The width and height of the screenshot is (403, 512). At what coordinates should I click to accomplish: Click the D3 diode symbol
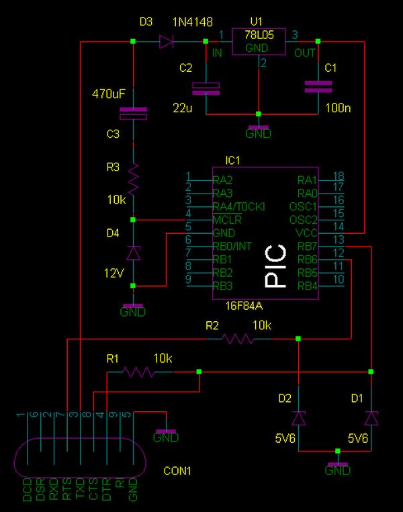coord(166,42)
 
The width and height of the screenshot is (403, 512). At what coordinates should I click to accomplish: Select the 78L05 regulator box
coord(259,42)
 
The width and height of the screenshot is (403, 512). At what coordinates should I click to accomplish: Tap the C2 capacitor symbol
coord(206,89)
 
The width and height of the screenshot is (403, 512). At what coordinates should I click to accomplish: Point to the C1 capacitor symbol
coord(318,87)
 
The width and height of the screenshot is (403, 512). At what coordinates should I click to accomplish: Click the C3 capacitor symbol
coord(133,114)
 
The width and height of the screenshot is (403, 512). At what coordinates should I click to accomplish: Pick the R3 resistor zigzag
coord(133,179)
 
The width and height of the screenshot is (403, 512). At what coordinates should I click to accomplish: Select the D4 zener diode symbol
coord(133,253)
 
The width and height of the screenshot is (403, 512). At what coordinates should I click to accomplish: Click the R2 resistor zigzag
coord(238,339)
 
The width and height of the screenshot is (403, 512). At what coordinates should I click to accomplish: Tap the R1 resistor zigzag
coord(138,372)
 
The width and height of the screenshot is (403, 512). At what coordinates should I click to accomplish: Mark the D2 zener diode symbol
coord(299,419)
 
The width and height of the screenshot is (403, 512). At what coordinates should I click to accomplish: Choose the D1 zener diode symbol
coord(371,419)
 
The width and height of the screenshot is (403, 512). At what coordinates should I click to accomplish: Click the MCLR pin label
coord(227,220)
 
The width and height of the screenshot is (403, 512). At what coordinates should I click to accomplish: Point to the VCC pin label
coord(306,233)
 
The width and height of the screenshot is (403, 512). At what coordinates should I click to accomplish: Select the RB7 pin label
coord(308,247)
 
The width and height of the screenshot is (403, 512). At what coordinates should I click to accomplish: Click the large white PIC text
coord(275,266)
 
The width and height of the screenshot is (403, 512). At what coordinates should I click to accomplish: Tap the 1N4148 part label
coord(193,22)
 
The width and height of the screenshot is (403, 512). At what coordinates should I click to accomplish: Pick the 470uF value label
coord(109,94)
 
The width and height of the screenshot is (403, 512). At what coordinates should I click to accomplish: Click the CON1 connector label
coord(177,471)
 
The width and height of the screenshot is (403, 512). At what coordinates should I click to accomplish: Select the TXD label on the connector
coord(80,488)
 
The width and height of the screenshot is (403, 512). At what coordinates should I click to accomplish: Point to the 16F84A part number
coord(244,306)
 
